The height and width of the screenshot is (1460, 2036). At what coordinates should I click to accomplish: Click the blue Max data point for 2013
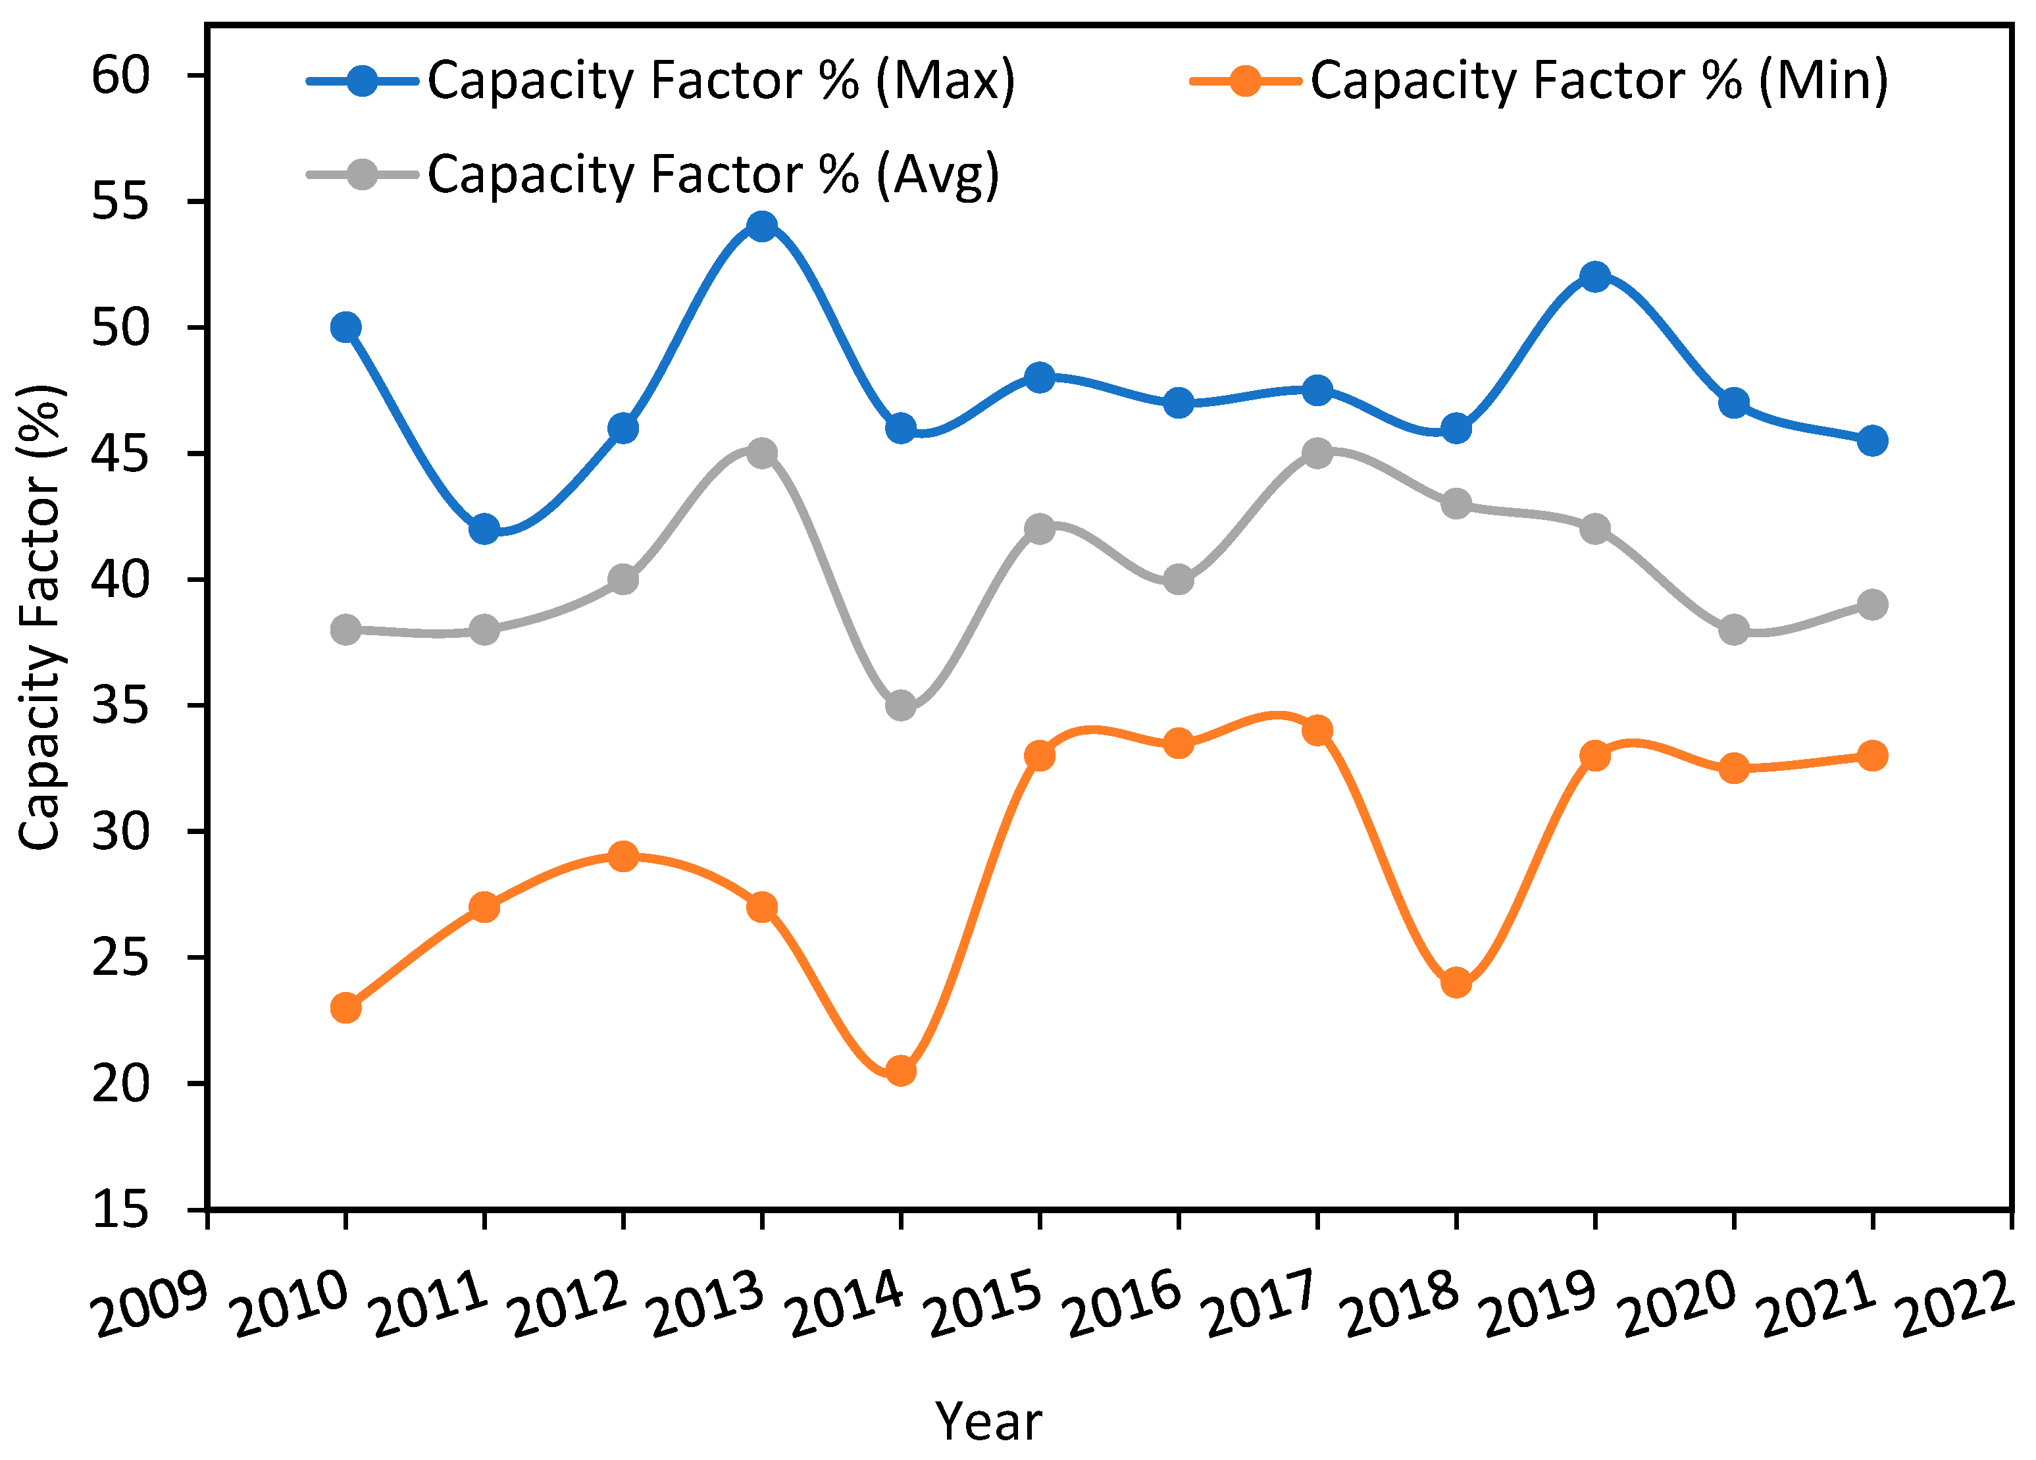(761, 226)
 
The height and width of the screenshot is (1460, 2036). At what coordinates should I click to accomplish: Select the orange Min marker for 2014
(900, 1070)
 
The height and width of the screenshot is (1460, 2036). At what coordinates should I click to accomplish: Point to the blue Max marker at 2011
(484, 529)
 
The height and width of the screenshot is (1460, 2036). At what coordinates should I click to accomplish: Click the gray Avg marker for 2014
(900, 705)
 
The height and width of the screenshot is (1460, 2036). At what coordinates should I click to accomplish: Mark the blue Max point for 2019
(1595, 276)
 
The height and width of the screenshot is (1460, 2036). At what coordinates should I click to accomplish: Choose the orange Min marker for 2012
(623, 856)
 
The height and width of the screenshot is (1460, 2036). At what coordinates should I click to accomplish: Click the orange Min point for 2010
(345, 1008)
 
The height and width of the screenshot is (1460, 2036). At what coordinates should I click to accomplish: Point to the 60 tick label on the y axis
(120, 76)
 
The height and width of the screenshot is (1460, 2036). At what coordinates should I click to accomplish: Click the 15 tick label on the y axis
(120, 1209)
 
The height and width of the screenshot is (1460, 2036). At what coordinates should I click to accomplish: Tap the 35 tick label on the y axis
(120, 706)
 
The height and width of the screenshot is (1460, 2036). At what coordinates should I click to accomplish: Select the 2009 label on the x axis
(151, 1304)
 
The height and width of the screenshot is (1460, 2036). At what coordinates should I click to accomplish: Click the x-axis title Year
(988, 1421)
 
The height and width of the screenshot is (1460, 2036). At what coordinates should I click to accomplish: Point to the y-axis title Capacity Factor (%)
(39, 617)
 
